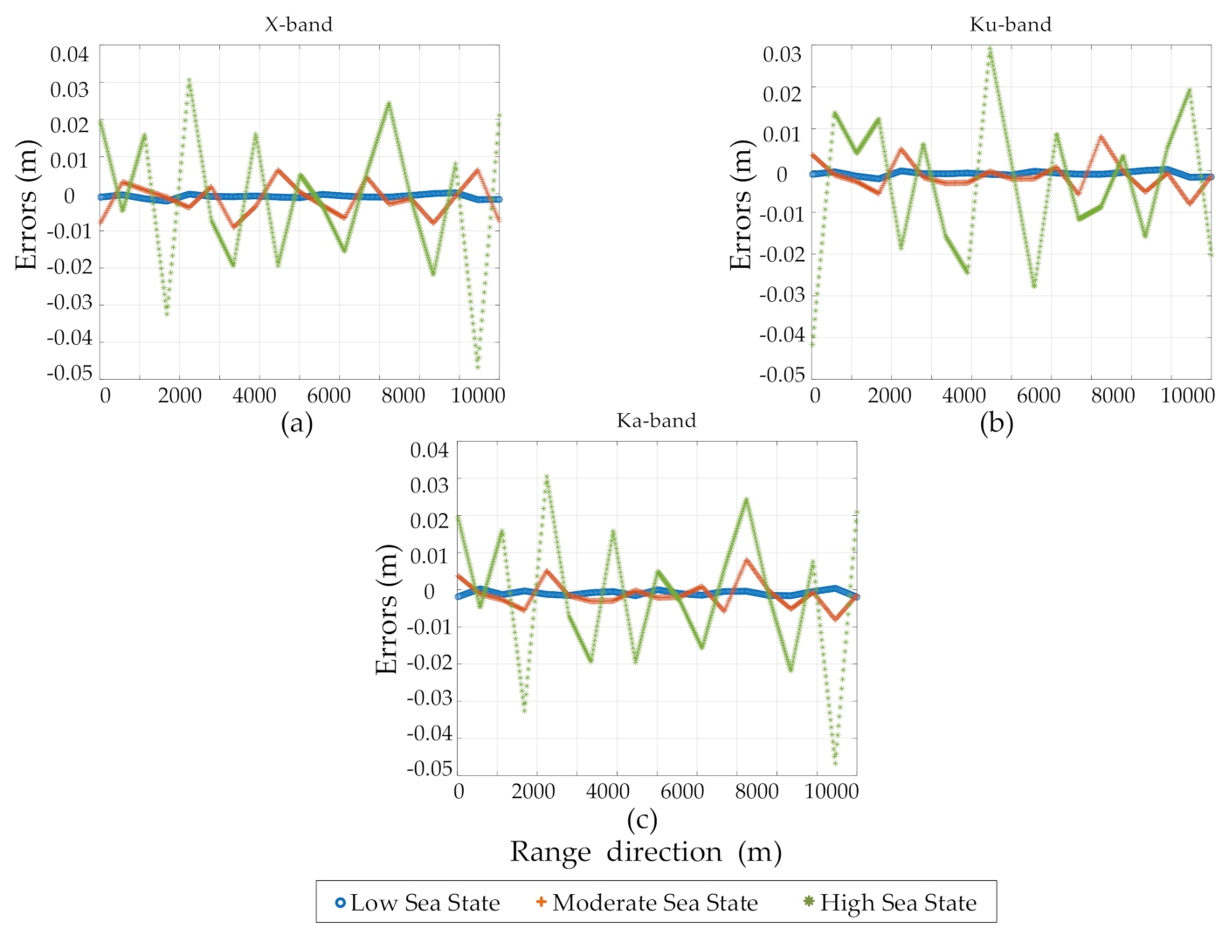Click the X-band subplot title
299,24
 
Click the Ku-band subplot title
1011,24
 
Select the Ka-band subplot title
656,421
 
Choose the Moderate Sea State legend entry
647,903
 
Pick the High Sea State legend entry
890,903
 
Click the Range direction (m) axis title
646,852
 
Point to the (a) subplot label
297,424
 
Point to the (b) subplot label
996,424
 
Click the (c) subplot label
642,820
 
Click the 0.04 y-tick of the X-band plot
69,54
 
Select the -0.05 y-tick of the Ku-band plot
781,375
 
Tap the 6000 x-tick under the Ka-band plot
681,792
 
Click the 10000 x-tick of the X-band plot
478,395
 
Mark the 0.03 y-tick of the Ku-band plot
782,54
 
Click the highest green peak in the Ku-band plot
990,49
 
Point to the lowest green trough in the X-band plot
478,367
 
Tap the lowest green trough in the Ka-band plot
835,763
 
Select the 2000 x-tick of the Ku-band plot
889,395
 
